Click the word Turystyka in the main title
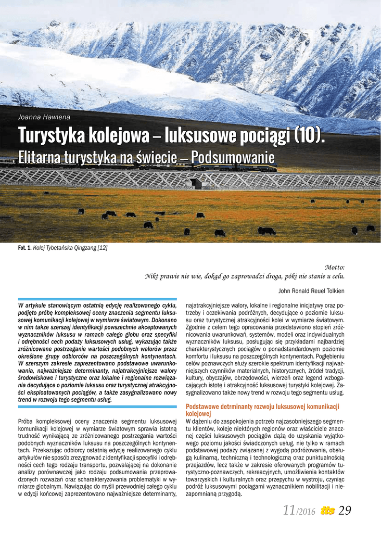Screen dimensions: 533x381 coord(50,136)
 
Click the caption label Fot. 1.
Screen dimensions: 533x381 coord(24,248)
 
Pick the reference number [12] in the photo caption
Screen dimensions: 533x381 coord(102,248)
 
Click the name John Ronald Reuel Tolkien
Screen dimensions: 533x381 coord(311,290)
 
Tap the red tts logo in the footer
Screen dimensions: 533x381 coord(327,511)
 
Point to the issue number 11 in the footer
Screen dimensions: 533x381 coord(289,511)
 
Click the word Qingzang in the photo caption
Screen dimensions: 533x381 coord(85,248)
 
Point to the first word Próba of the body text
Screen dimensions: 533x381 coord(27,421)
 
